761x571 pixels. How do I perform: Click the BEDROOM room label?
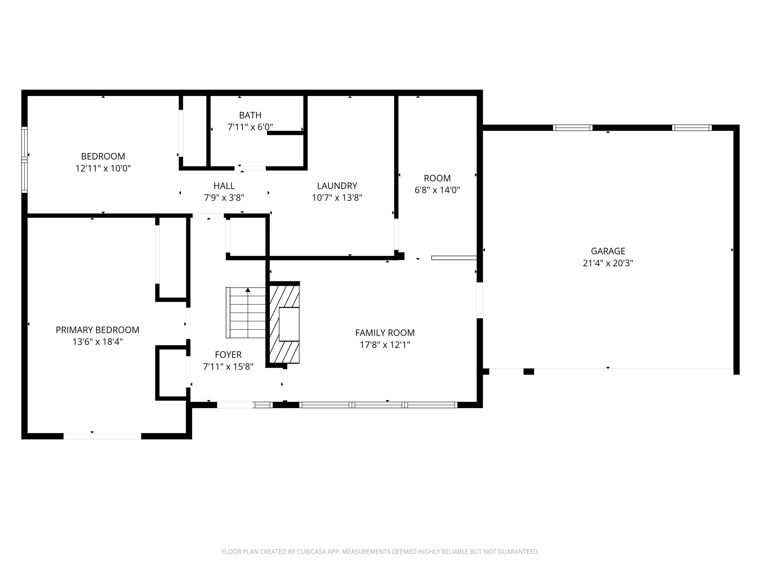click(103, 156)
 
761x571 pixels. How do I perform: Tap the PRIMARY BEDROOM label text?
click(97, 330)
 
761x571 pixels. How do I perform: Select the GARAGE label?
click(608, 251)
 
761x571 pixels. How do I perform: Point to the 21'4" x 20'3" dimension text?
click(608, 263)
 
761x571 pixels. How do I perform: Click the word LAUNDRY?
click(337, 186)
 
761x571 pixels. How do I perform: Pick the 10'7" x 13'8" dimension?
click(337, 197)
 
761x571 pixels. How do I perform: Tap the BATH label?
click(250, 115)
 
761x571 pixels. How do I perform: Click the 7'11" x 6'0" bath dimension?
click(250, 127)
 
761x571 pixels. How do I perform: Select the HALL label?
click(224, 186)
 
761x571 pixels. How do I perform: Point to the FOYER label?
click(228, 355)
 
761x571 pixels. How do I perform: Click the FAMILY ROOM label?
click(385, 333)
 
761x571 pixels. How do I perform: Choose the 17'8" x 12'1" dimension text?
click(385, 345)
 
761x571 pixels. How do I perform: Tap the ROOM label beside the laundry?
click(437, 178)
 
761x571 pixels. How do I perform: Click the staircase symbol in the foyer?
click(246, 312)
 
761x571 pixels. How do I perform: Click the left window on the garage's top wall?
click(573, 128)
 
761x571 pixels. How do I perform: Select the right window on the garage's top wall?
click(691, 128)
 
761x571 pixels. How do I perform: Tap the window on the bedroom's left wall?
click(24, 160)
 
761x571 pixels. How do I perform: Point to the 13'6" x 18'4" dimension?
click(97, 342)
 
